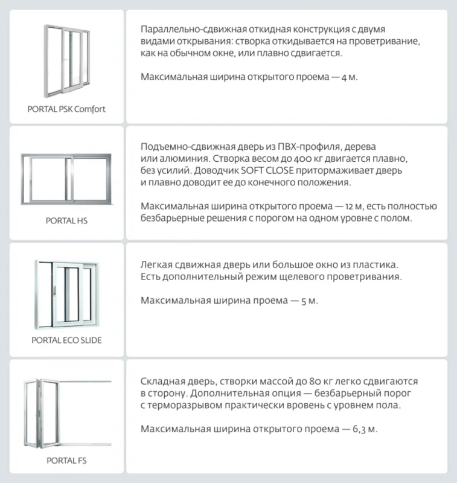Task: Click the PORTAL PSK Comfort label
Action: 66,109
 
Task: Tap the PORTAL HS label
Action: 66,221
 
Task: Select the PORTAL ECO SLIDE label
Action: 66,340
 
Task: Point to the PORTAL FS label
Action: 66,460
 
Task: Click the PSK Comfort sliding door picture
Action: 66,60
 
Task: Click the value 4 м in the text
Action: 348,77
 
